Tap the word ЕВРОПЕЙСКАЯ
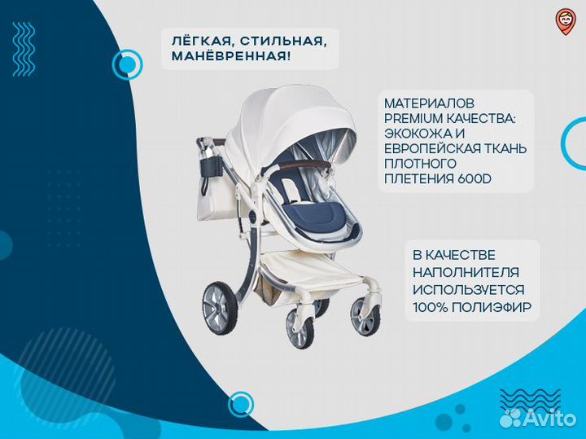point(431,149)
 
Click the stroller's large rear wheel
point(220,309)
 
